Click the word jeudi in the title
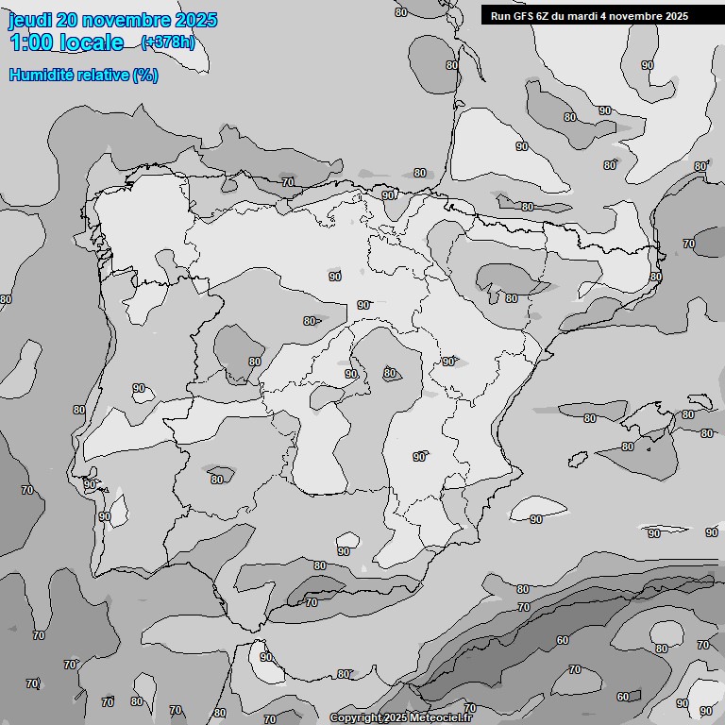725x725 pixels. click(x=30, y=20)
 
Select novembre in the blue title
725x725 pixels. click(x=126, y=20)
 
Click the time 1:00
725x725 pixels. click(x=31, y=42)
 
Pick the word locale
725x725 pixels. click(x=92, y=42)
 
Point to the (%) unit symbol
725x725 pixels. click(x=145, y=75)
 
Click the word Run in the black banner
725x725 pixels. click(x=501, y=16)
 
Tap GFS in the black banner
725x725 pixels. click(x=526, y=16)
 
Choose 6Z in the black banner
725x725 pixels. click(x=548, y=16)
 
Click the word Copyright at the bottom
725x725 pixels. click(x=355, y=718)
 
